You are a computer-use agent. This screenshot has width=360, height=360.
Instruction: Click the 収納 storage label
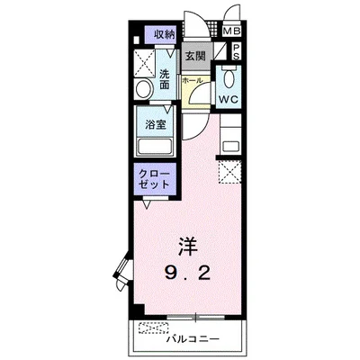click(163, 34)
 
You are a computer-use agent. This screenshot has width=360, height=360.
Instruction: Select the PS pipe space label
click(235, 51)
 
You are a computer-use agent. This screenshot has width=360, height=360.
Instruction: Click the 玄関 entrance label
click(195, 55)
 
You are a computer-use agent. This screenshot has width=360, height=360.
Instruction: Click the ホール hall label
click(192, 81)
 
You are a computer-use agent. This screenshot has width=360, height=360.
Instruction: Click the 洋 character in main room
click(188, 245)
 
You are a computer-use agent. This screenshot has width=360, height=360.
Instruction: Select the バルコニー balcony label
click(193, 341)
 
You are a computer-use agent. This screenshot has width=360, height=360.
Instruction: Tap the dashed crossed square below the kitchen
click(228, 170)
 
